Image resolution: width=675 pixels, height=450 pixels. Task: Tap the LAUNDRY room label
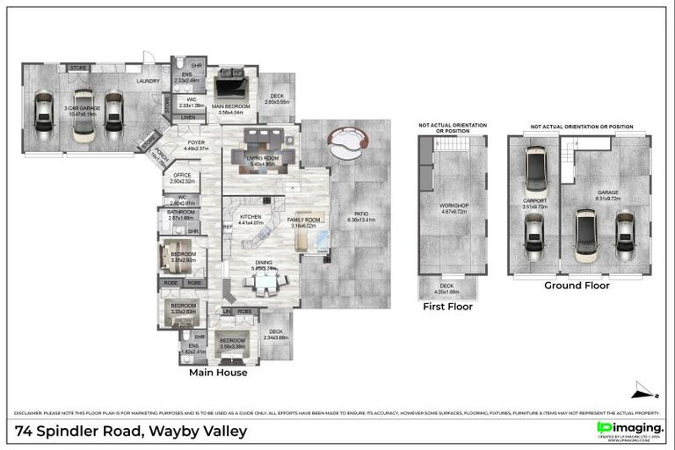[x=148, y=81]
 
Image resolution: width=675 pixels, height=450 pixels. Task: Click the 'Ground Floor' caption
[x=577, y=286]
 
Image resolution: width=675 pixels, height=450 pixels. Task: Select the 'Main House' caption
[x=218, y=372]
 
